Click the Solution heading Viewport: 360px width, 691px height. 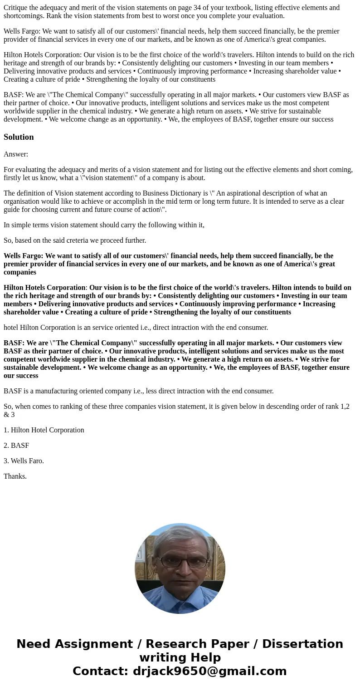tap(19, 137)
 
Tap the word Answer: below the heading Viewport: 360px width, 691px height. tap(16, 154)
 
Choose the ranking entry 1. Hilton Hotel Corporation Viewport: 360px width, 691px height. tap(44, 430)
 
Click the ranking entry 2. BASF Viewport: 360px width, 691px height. tap(16, 446)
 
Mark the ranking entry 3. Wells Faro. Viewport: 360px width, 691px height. tap(24, 461)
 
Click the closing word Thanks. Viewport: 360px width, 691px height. tap(15, 476)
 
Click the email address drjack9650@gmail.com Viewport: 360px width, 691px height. tap(209, 671)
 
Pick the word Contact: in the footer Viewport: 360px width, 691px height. tap(100, 671)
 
